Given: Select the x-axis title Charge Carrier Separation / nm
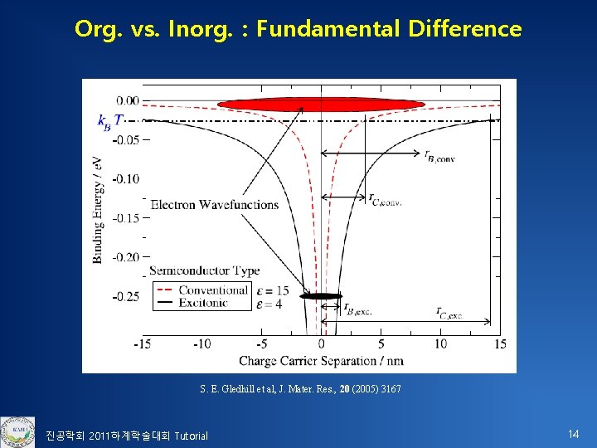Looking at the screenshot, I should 322,361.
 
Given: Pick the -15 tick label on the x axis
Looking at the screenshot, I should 142,343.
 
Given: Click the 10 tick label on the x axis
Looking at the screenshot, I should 440,343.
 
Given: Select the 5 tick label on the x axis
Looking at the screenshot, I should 381,343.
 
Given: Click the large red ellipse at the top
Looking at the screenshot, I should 321,104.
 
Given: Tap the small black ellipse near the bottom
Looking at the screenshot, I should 321,295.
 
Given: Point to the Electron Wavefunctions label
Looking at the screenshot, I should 214,204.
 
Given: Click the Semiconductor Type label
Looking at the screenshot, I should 204,270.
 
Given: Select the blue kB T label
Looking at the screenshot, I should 110,121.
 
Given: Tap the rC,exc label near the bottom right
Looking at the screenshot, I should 450,312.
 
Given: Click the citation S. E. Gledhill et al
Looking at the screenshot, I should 300,389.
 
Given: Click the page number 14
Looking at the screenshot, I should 573,434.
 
